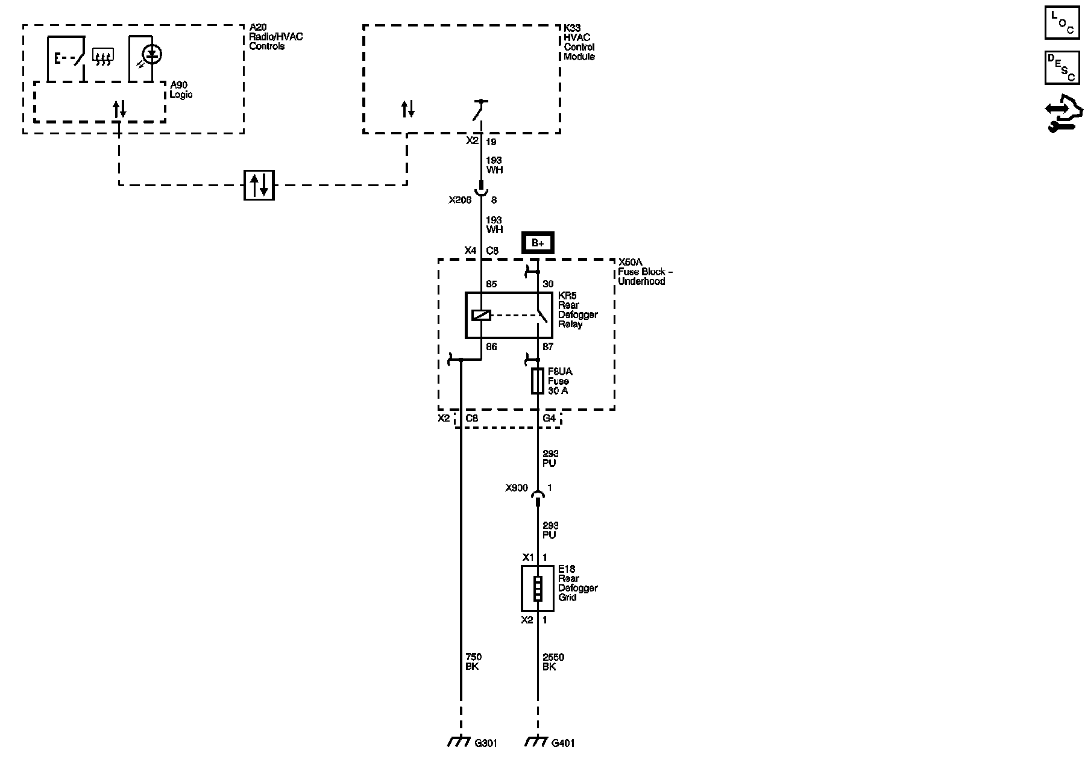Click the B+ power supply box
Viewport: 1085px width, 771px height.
coord(538,243)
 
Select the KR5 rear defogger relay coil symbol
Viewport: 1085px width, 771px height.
coord(481,315)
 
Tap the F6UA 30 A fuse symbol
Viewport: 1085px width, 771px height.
coord(538,381)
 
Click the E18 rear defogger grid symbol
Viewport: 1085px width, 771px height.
coord(537,588)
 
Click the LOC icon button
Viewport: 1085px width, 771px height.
coord(1061,23)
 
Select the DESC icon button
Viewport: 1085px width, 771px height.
coord(1061,67)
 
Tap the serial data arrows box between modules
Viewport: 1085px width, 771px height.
coord(259,185)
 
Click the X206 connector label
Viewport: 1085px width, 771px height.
coord(460,201)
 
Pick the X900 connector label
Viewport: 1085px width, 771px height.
coord(517,489)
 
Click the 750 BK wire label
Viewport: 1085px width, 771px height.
coord(473,662)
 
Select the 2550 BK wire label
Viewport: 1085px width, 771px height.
coord(553,662)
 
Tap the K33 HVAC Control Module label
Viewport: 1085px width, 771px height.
coord(579,42)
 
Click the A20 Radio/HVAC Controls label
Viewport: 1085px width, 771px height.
coord(275,37)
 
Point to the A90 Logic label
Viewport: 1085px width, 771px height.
coord(181,90)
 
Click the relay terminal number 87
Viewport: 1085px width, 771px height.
coord(548,347)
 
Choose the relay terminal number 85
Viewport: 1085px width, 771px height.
coord(491,284)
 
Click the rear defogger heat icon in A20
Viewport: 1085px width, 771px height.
coord(103,57)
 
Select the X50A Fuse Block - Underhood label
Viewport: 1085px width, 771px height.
coord(644,272)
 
